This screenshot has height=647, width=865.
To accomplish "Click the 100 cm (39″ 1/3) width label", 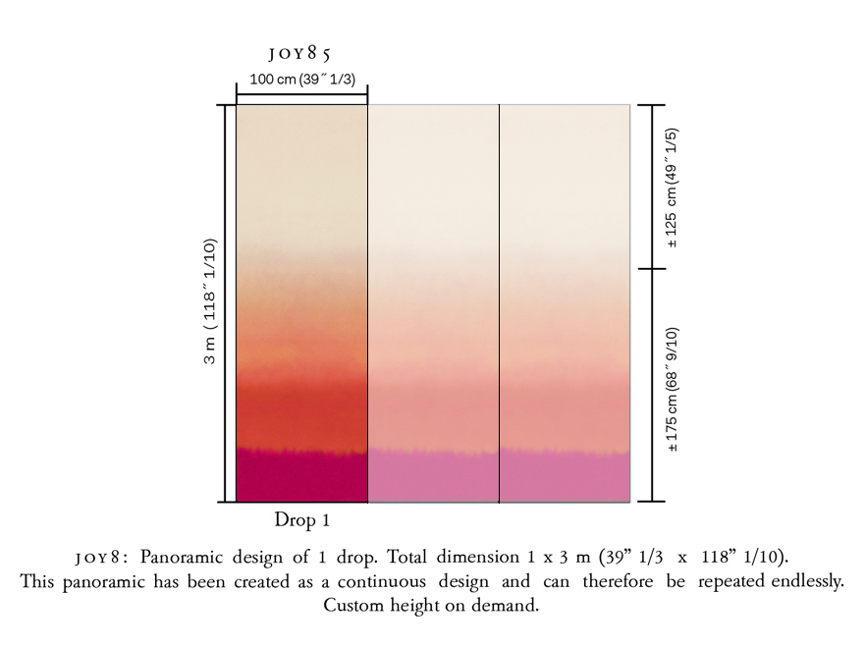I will pyautogui.click(x=301, y=79).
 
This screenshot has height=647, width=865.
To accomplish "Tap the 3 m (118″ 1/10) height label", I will pyautogui.click(x=209, y=302).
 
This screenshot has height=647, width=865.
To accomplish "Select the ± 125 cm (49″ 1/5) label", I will pyautogui.click(x=674, y=187).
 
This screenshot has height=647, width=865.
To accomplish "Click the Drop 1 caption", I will pyautogui.click(x=301, y=519).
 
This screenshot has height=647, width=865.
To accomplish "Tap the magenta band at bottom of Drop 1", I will pyautogui.click(x=301, y=476).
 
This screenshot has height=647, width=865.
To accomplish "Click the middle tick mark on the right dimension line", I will pyautogui.click(x=652, y=268).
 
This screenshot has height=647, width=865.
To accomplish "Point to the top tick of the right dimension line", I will pyautogui.click(x=652, y=104).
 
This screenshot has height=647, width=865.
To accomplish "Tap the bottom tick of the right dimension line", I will pyautogui.click(x=652, y=502).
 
